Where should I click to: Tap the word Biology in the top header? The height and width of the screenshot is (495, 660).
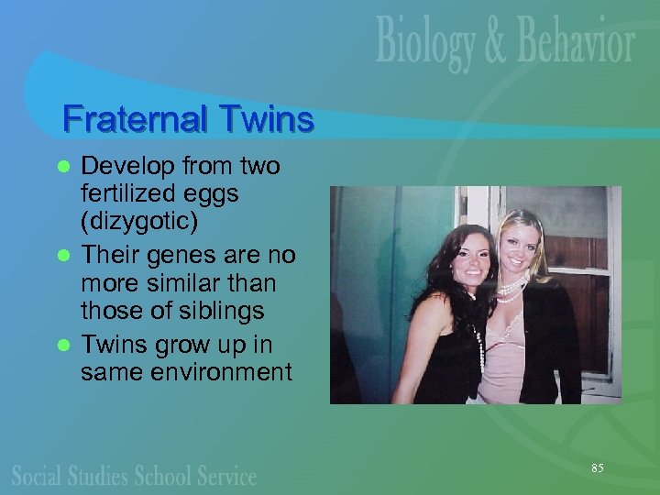pyautogui.click(x=428, y=43)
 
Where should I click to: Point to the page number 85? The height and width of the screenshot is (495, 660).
pyautogui.click(x=597, y=468)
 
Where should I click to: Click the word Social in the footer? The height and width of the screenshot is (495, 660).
pyautogui.click(x=38, y=475)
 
